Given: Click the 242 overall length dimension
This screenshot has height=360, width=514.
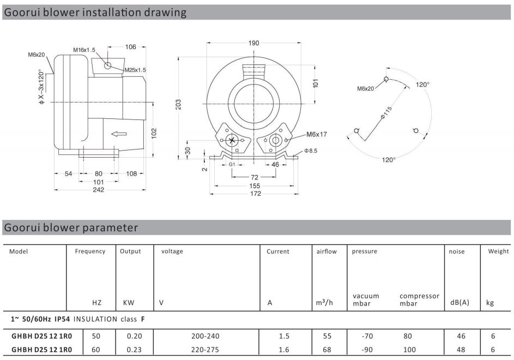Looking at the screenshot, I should click(99, 189).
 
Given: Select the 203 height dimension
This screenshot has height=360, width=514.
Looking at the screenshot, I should click(177, 105).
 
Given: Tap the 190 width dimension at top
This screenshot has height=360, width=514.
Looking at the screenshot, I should click(254, 44).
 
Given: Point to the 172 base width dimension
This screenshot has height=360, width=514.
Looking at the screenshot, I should click(255, 194).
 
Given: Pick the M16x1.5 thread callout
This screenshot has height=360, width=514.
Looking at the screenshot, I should click(84, 50).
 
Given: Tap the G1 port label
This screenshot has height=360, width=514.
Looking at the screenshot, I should click(232, 164).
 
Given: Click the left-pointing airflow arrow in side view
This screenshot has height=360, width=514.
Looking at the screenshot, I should click(118, 133).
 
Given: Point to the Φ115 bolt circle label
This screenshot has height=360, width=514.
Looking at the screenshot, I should click(385, 112).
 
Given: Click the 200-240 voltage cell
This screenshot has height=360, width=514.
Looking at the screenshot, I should click(205, 337).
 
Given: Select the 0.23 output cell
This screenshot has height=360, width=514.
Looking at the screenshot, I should click(134, 349).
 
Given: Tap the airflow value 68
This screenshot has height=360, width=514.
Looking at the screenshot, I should click(327, 349).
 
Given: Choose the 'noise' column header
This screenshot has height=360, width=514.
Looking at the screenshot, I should click(457, 251).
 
